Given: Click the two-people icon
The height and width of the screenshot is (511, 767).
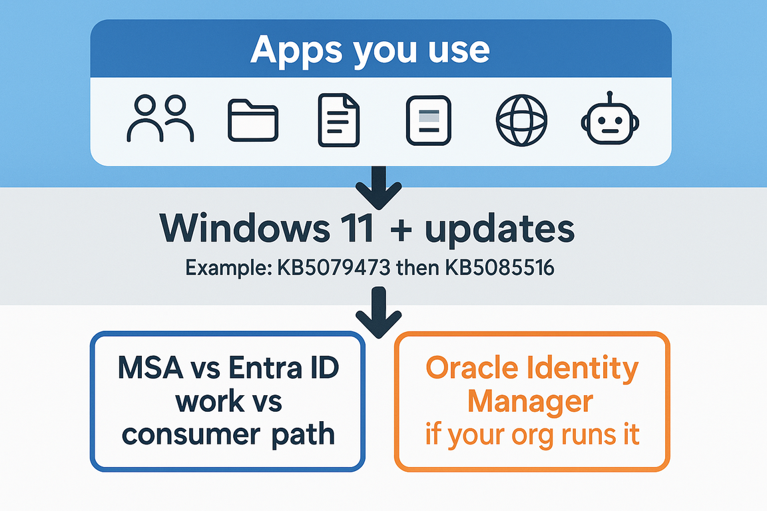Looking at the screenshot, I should click(x=160, y=119).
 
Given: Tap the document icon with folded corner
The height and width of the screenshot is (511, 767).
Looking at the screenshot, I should click(x=339, y=119).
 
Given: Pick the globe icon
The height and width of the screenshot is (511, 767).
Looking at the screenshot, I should click(x=521, y=120).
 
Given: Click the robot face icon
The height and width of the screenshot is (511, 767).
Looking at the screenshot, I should click(x=608, y=120).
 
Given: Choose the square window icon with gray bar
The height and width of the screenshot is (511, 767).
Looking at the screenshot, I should click(x=429, y=120).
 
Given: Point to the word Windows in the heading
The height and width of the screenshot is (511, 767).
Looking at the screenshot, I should click(x=239, y=228).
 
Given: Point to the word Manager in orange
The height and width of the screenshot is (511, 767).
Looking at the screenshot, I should click(x=531, y=401).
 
